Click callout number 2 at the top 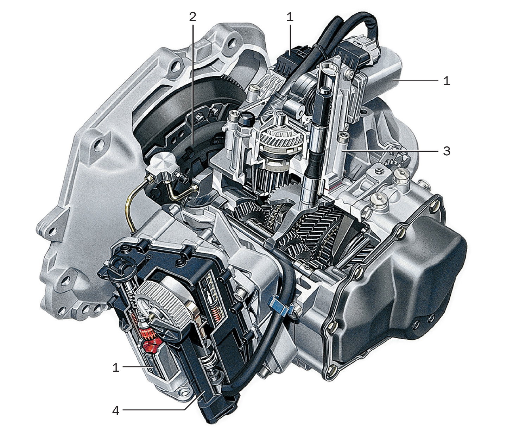click(192, 17)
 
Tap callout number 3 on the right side click(446, 151)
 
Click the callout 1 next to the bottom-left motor click(116, 367)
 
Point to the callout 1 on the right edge click(446, 81)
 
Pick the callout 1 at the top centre click(290, 17)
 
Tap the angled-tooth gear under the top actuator click(280, 141)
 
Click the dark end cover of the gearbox click(395, 284)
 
